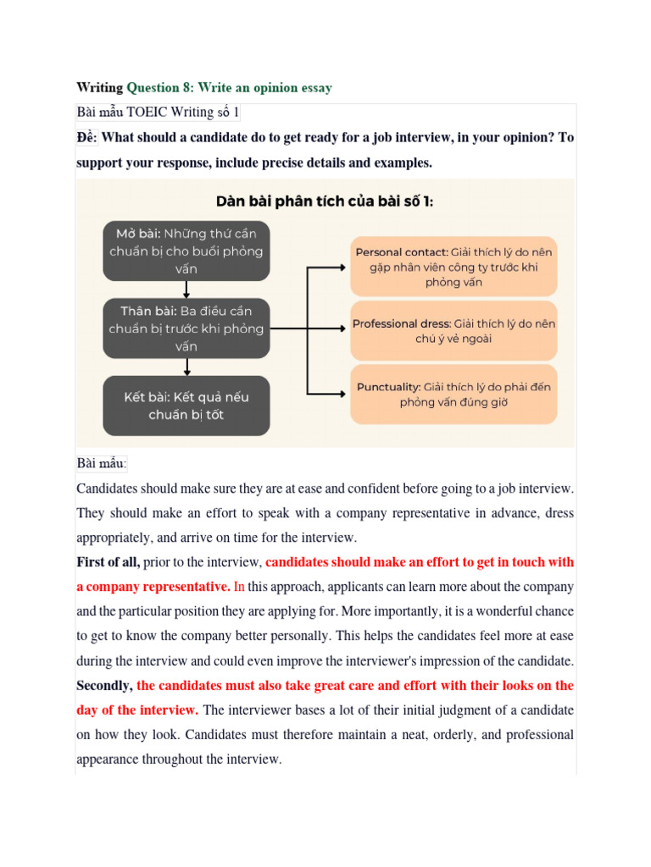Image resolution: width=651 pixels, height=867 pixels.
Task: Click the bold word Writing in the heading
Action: tap(99, 87)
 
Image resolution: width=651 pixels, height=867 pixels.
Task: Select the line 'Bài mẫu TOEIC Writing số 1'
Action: tap(159, 113)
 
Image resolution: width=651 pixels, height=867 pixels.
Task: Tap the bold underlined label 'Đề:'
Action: tap(87, 137)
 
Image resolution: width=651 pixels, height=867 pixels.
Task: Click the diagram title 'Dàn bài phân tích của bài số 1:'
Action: tap(325, 202)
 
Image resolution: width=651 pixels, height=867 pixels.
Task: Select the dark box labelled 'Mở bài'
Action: tap(186, 251)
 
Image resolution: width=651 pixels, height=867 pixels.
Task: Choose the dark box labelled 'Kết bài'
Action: tap(186, 406)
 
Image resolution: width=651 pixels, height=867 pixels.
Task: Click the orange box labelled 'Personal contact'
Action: tap(453, 267)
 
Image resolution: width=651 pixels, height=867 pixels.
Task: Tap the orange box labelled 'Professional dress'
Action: tap(453, 330)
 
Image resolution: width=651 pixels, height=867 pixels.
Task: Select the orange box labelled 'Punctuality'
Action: tap(453, 394)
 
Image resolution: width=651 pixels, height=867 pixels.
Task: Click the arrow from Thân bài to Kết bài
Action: tap(186, 367)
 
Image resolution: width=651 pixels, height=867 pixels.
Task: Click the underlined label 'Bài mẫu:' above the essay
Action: tap(102, 463)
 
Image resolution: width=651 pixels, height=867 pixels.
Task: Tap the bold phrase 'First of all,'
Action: tap(108, 562)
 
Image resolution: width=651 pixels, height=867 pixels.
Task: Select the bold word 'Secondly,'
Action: tap(104, 686)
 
